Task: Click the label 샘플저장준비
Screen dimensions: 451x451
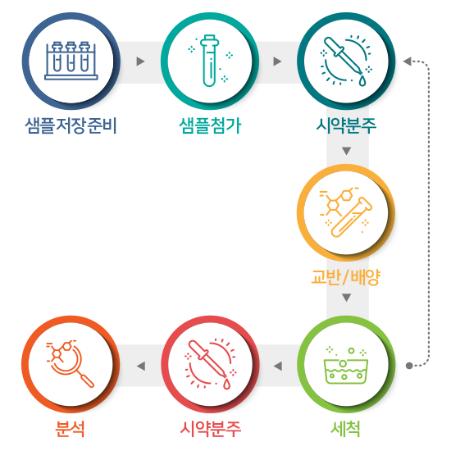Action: tap(71, 125)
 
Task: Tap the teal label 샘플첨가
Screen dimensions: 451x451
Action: tap(210, 125)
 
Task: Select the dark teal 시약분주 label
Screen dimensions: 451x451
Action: tap(346, 125)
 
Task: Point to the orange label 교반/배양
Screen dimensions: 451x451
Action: tap(346, 277)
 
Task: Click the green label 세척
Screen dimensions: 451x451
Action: tap(346, 429)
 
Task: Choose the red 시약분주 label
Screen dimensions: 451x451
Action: tap(210, 429)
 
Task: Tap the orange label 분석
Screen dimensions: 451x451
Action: tap(71, 429)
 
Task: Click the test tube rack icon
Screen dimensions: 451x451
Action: tap(71, 61)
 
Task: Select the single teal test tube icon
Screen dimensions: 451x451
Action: tap(210, 61)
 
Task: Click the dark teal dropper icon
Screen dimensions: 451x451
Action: tap(346, 61)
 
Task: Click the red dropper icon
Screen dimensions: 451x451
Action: tap(210, 364)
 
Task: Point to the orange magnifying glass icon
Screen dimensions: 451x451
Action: tap(71, 364)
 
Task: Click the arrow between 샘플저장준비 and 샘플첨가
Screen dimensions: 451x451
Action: tap(140, 61)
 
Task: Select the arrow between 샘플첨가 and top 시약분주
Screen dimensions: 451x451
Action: tap(277, 61)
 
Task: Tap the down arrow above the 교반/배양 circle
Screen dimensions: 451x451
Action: tap(347, 151)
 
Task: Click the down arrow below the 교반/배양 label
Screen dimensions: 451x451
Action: tap(347, 298)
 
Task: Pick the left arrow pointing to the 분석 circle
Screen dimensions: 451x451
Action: tap(141, 367)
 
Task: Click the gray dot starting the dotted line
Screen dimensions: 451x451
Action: tap(409, 366)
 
